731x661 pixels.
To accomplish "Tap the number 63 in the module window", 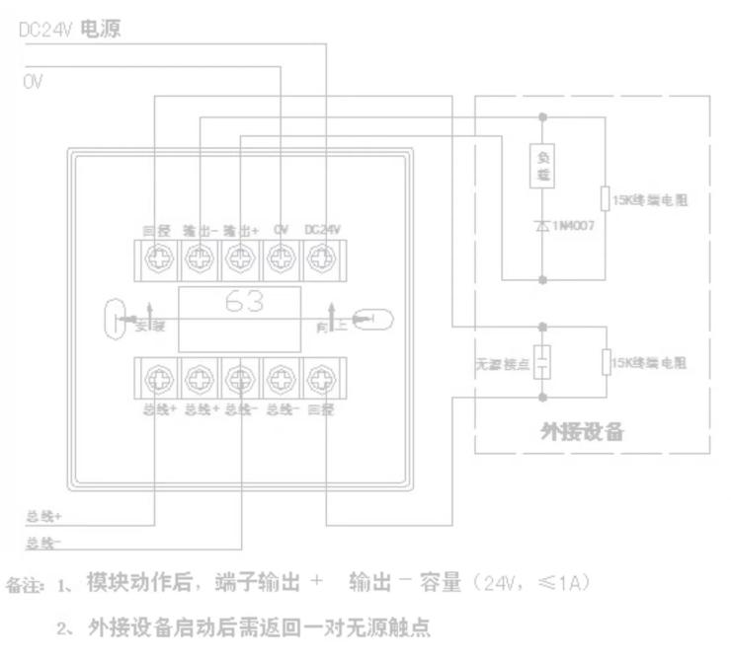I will click(244, 303).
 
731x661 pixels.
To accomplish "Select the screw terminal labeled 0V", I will click(281, 257).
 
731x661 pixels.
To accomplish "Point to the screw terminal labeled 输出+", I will click(240, 257).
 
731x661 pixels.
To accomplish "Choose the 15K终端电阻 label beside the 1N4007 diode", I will click(650, 199).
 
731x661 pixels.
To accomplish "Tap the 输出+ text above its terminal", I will click(240, 228).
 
